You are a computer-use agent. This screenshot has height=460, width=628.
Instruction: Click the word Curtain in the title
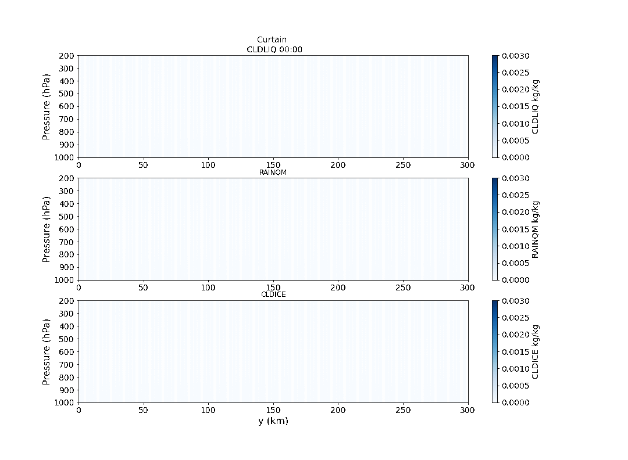tap(272, 39)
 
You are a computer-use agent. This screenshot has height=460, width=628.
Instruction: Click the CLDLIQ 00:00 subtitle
tap(274, 49)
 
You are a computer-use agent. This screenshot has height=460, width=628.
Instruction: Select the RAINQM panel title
tap(273, 172)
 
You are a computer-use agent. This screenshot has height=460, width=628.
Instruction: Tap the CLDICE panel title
tap(273, 294)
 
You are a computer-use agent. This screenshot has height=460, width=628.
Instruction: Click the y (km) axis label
tap(273, 421)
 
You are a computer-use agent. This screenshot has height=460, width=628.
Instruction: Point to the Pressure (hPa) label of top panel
tap(46, 107)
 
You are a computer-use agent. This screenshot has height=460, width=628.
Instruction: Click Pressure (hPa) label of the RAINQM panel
tap(46, 229)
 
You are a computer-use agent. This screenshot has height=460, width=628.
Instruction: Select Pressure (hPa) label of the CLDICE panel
tap(46, 352)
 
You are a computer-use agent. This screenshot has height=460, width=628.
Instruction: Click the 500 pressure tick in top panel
tap(66, 94)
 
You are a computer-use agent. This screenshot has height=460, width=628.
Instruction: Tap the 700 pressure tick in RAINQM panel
tap(66, 242)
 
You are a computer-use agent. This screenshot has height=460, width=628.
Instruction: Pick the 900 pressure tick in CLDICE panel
tap(66, 390)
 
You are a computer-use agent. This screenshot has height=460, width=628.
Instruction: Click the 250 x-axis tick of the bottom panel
tap(403, 410)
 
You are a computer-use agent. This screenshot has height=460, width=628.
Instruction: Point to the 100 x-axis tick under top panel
tap(208, 165)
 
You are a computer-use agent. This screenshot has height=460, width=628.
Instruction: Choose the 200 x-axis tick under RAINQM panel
tap(338, 287)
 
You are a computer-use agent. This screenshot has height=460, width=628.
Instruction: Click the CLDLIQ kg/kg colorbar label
tap(535, 107)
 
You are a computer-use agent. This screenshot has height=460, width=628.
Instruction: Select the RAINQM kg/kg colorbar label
tap(535, 229)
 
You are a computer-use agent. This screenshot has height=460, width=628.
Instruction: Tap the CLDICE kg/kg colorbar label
tap(535, 352)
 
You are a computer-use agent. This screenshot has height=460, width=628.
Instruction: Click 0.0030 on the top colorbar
tap(516, 56)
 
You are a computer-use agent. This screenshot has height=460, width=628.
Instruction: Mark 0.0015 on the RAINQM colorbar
tap(516, 229)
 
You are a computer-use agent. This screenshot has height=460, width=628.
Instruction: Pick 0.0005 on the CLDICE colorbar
tap(516, 386)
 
